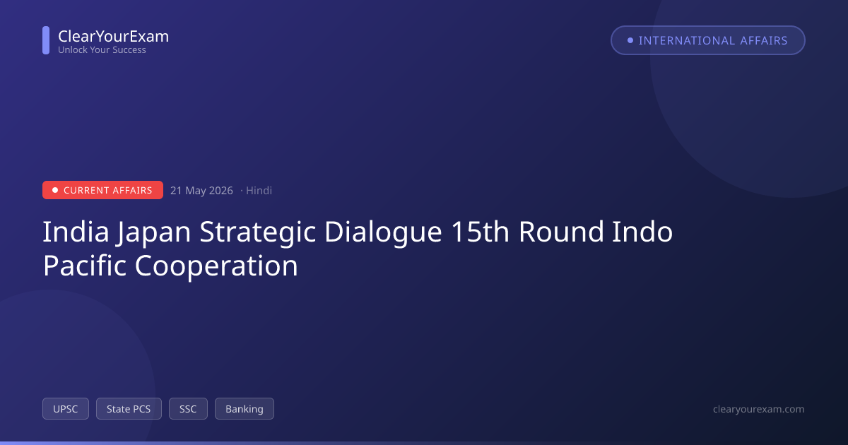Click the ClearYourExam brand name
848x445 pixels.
tap(114, 36)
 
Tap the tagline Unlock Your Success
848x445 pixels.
tap(102, 50)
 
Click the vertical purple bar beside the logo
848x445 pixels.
tap(46, 40)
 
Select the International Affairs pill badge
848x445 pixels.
tap(708, 40)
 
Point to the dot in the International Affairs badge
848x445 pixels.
tap(630, 40)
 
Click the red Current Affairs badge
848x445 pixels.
tap(102, 190)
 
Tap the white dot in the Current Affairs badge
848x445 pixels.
tap(55, 190)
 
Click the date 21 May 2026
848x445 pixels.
tap(201, 190)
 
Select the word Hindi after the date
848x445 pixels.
tap(259, 190)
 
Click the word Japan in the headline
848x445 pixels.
tap(153, 232)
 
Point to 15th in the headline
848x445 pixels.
tap(480, 231)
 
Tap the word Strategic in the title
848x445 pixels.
tap(257, 232)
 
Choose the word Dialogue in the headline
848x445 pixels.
tap(383, 232)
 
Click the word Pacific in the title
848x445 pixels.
tap(84, 266)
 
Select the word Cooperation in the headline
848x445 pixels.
tap(216, 266)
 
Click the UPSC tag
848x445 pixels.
tap(66, 409)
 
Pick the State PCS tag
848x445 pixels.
tap(129, 409)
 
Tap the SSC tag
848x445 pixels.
tap(188, 409)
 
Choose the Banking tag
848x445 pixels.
tap(245, 409)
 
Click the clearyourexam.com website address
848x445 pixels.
tap(759, 409)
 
